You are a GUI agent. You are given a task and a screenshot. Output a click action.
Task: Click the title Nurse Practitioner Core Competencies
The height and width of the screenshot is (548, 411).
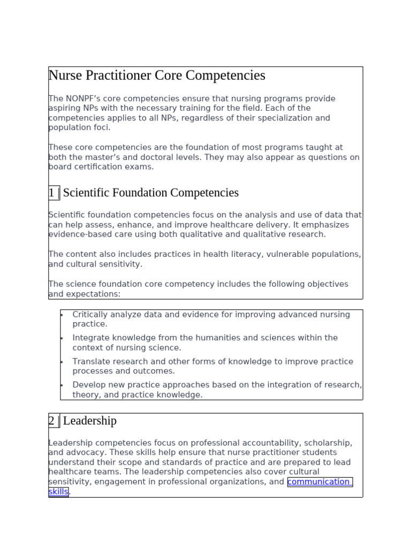[x=157, y=75]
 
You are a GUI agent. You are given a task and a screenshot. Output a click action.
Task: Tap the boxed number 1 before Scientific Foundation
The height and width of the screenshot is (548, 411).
[x=52, y=193]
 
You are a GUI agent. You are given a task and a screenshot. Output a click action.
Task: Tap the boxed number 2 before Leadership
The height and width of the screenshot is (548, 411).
[x=52, y=421]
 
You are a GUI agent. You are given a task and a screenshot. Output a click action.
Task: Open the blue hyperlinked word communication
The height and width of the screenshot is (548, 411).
[x=318, y=482]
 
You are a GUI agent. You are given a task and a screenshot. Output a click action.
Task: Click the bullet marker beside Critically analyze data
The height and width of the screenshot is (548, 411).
[x=62, y=315]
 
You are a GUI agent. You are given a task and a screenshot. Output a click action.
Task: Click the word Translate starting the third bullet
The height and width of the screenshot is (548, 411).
[x=92, y=361]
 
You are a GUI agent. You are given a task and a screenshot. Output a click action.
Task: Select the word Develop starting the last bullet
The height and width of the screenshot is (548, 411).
[x=89, y=385]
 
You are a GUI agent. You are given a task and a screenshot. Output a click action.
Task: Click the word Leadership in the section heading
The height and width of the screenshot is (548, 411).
[x=89, y=421]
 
